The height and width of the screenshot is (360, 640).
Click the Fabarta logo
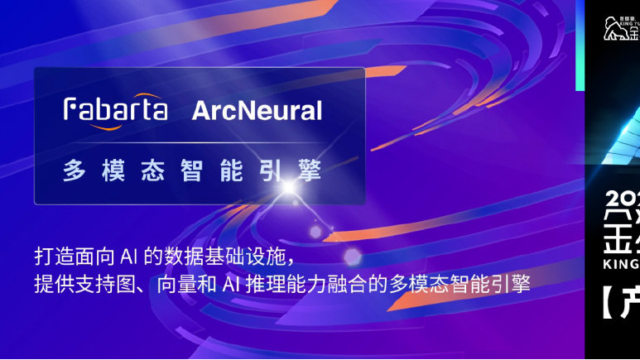pos(116,109)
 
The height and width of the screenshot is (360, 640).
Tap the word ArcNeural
pos(257,110)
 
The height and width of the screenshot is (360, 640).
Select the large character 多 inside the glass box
pos(74,171)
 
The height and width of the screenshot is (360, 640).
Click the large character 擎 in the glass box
pos(311,171)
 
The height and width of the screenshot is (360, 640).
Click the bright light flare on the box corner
pos(289,189)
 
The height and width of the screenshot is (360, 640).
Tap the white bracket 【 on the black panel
pos(608,307)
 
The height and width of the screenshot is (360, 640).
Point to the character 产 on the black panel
pos(630,307)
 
